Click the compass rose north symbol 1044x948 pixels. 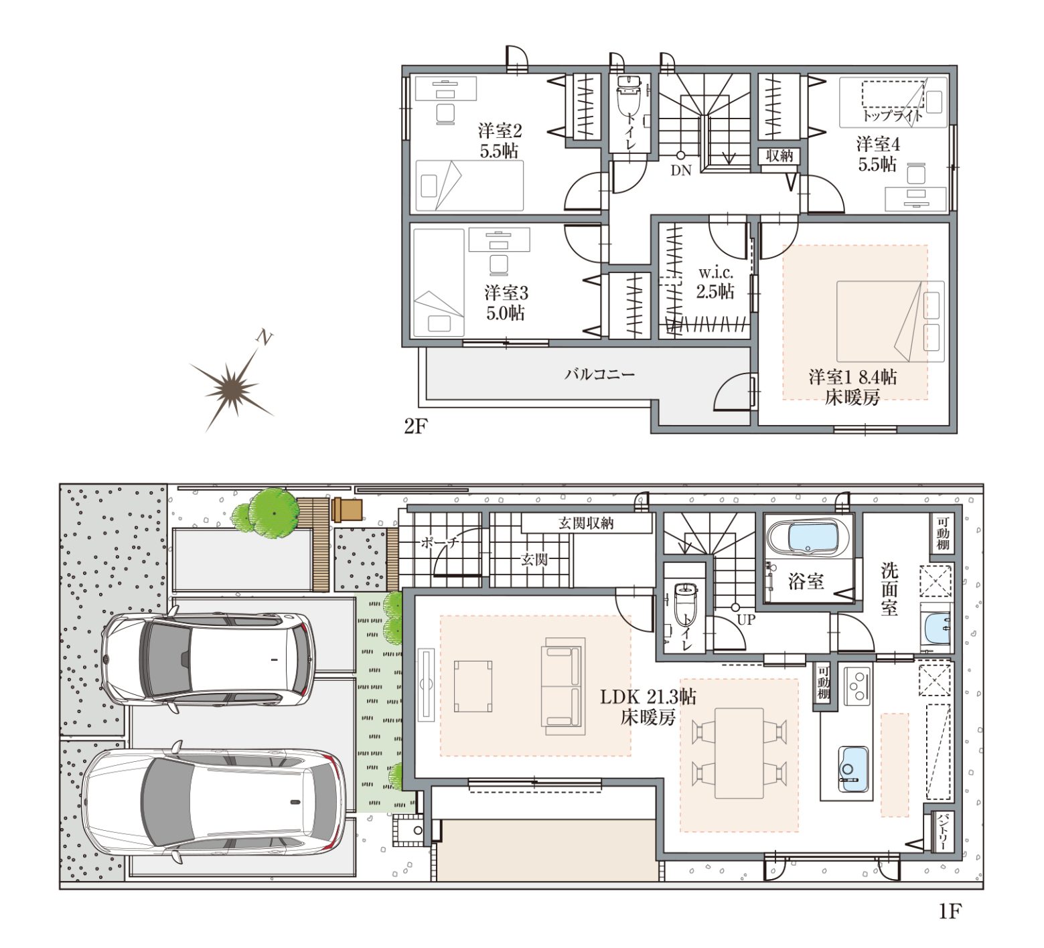[x=232, y=387]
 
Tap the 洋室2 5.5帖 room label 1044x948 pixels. [x=500, y=141]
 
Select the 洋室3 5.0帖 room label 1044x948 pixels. [x=506, y=303]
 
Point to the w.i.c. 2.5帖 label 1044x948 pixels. [x=715, y=283]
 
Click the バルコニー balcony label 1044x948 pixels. [x=599, y=374]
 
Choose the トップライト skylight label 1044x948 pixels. [x=892, y=115]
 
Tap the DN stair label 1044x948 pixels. [x=681, y=171]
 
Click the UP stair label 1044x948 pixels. [x=746, y=620]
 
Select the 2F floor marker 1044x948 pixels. [x=415, y=426]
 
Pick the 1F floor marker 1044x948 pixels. [x=950, y=911]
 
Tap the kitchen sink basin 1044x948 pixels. [x=853, y=769]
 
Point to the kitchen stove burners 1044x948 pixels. [x=856, y=686]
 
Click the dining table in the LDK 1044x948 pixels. [x=739, y=753]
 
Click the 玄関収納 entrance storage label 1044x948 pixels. [x=586, y=523]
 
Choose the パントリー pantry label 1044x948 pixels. [x=942, y=832]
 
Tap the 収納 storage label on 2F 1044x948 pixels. [x=779, y=155]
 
